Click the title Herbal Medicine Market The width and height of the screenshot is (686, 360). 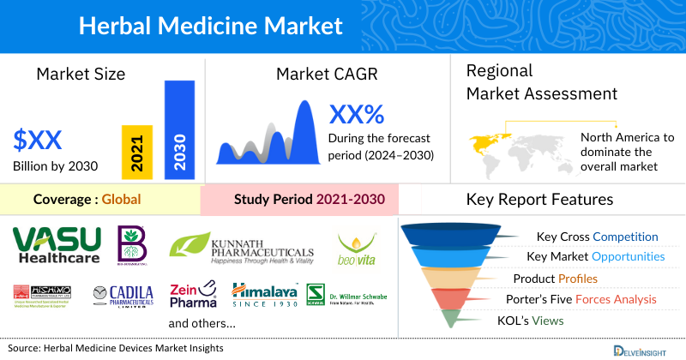click(210, 26)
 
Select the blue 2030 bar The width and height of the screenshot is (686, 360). click(179, 129)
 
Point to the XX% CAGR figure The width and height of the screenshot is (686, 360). click(357, 113)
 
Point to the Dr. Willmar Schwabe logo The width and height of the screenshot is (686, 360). click(346, 296)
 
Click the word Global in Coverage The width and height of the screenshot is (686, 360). click(121, 200)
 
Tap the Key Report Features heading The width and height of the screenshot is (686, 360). click(539, 200)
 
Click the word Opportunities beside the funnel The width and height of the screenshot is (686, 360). click(628, 256)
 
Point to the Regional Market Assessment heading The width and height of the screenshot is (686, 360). click(541, 82)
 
